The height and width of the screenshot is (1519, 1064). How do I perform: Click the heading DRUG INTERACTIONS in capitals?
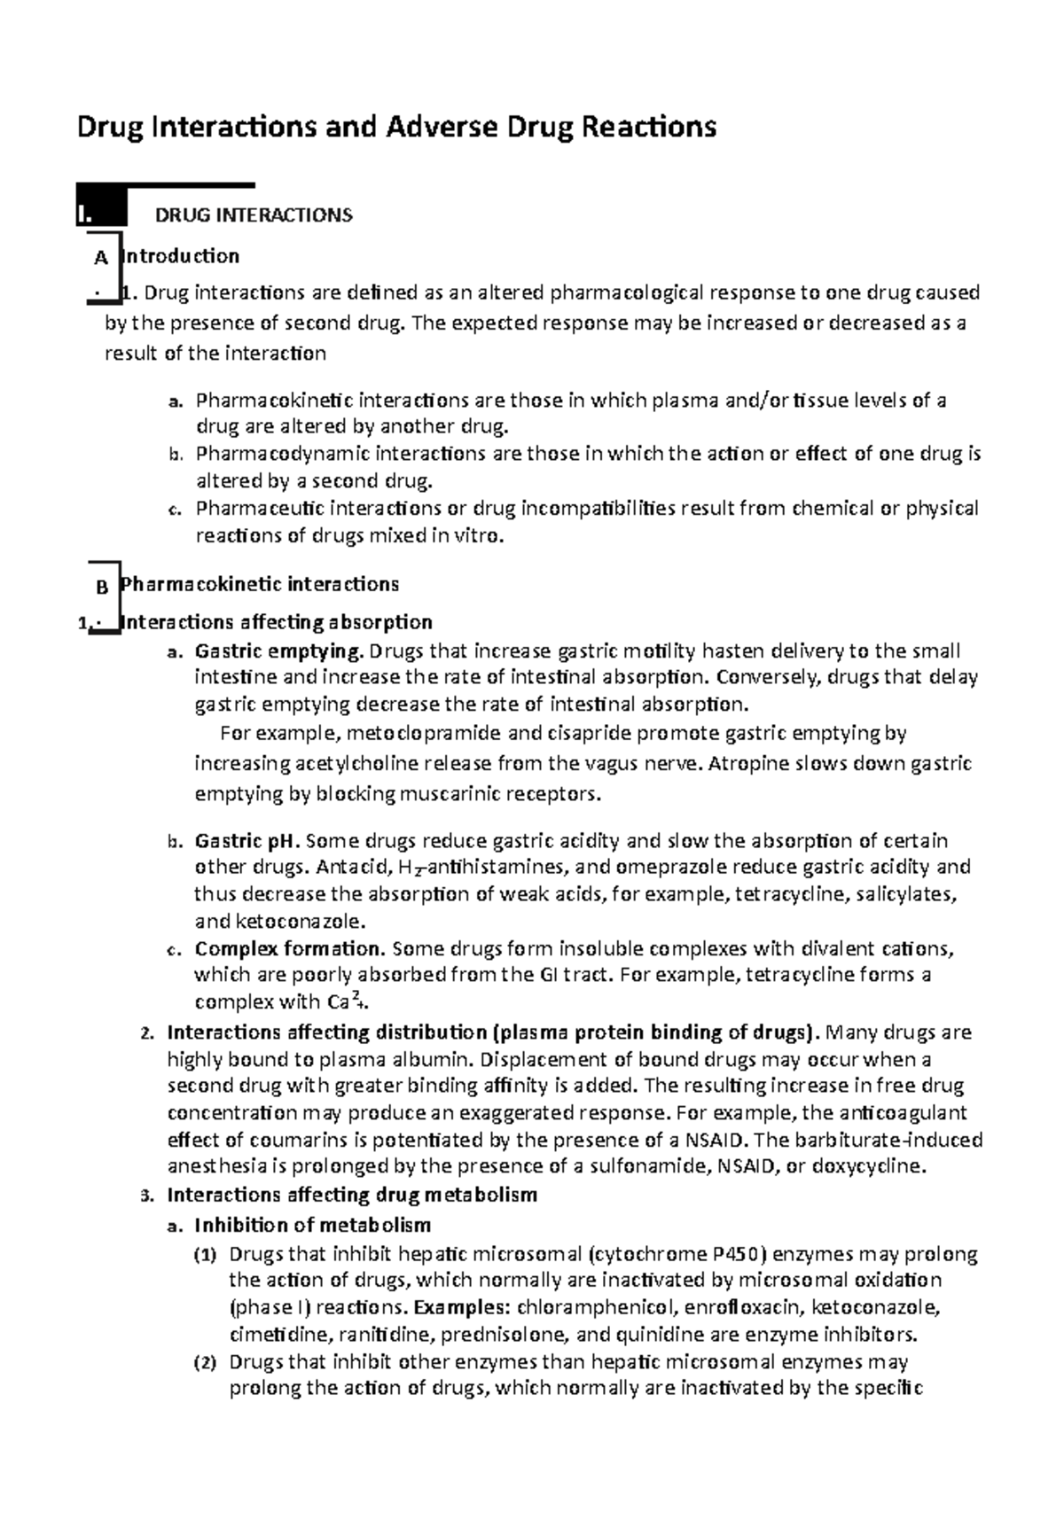(x=254, y=215)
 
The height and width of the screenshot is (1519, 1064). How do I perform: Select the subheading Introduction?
(x=182, y=256)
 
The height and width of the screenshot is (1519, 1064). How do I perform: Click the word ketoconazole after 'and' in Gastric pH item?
(x=293, y=920)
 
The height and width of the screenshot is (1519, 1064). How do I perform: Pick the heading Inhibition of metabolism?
(x=313, y=1225)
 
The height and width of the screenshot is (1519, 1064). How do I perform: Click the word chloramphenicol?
(x=578, y=1307)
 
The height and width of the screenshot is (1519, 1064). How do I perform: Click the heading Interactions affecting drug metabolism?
(x=352, y=1195)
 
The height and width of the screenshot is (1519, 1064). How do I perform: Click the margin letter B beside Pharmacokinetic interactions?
(x=100, y=587)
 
